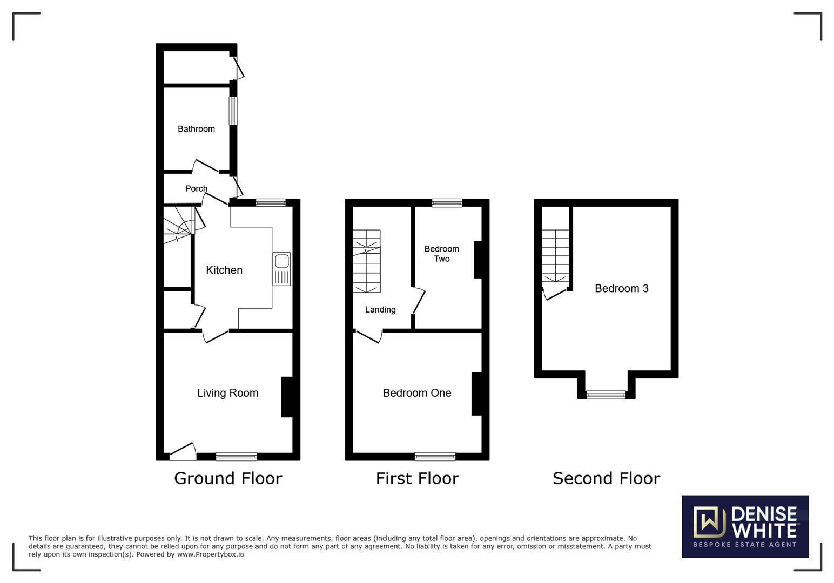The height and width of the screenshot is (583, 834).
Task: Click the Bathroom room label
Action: pyautogui.click(x=196, y=129)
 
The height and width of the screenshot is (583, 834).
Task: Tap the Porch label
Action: pyautogui.click(x=196, y=188)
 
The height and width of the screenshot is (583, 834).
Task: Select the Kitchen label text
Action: pyautogui.click(x=224, y=270)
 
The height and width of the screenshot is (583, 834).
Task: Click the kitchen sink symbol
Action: pyautogui.click(x=281, y=268)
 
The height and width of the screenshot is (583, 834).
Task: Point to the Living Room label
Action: pyautogui.click(x=227, y=393)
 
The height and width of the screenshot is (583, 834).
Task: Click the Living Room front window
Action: pyautogui.click(x=236, y=456)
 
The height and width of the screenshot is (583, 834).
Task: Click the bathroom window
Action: pyautogui.click(x=233, y=111)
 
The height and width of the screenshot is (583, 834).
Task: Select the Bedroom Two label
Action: pyautogui.click(x=441, y=254)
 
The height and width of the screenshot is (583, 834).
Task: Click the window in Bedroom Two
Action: pyautogui.click(x=447, y=203)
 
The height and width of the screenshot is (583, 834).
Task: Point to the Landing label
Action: pyautogui.click(x=380, y=310)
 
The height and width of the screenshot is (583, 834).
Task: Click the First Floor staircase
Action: pyautogui.click(x=367, y=261)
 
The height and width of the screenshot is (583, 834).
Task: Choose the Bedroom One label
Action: pyautogui.click(x=416, y=393)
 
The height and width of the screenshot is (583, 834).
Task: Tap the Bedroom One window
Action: pyautogui.click(x=435, y=456)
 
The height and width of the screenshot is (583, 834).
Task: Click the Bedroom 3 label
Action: pyautogui.click(x=621, y=289)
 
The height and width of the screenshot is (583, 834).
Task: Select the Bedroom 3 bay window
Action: pyautogui.click(x=606, y=395)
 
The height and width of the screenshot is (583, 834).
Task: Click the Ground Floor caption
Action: pyautogui.click(x=228, y=478)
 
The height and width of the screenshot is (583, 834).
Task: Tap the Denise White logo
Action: pyautogui.click(x=745, y=526)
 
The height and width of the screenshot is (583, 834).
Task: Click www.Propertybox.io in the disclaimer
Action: pyautogui.click(x=210, y=554)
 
